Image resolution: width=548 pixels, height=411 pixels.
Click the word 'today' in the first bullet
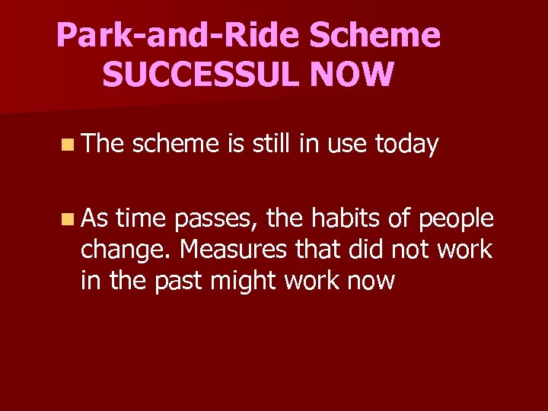pyautogui.click(x=406, y=144)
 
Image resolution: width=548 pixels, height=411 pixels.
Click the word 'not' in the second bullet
pyautogui.click(x=410, y=250)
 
